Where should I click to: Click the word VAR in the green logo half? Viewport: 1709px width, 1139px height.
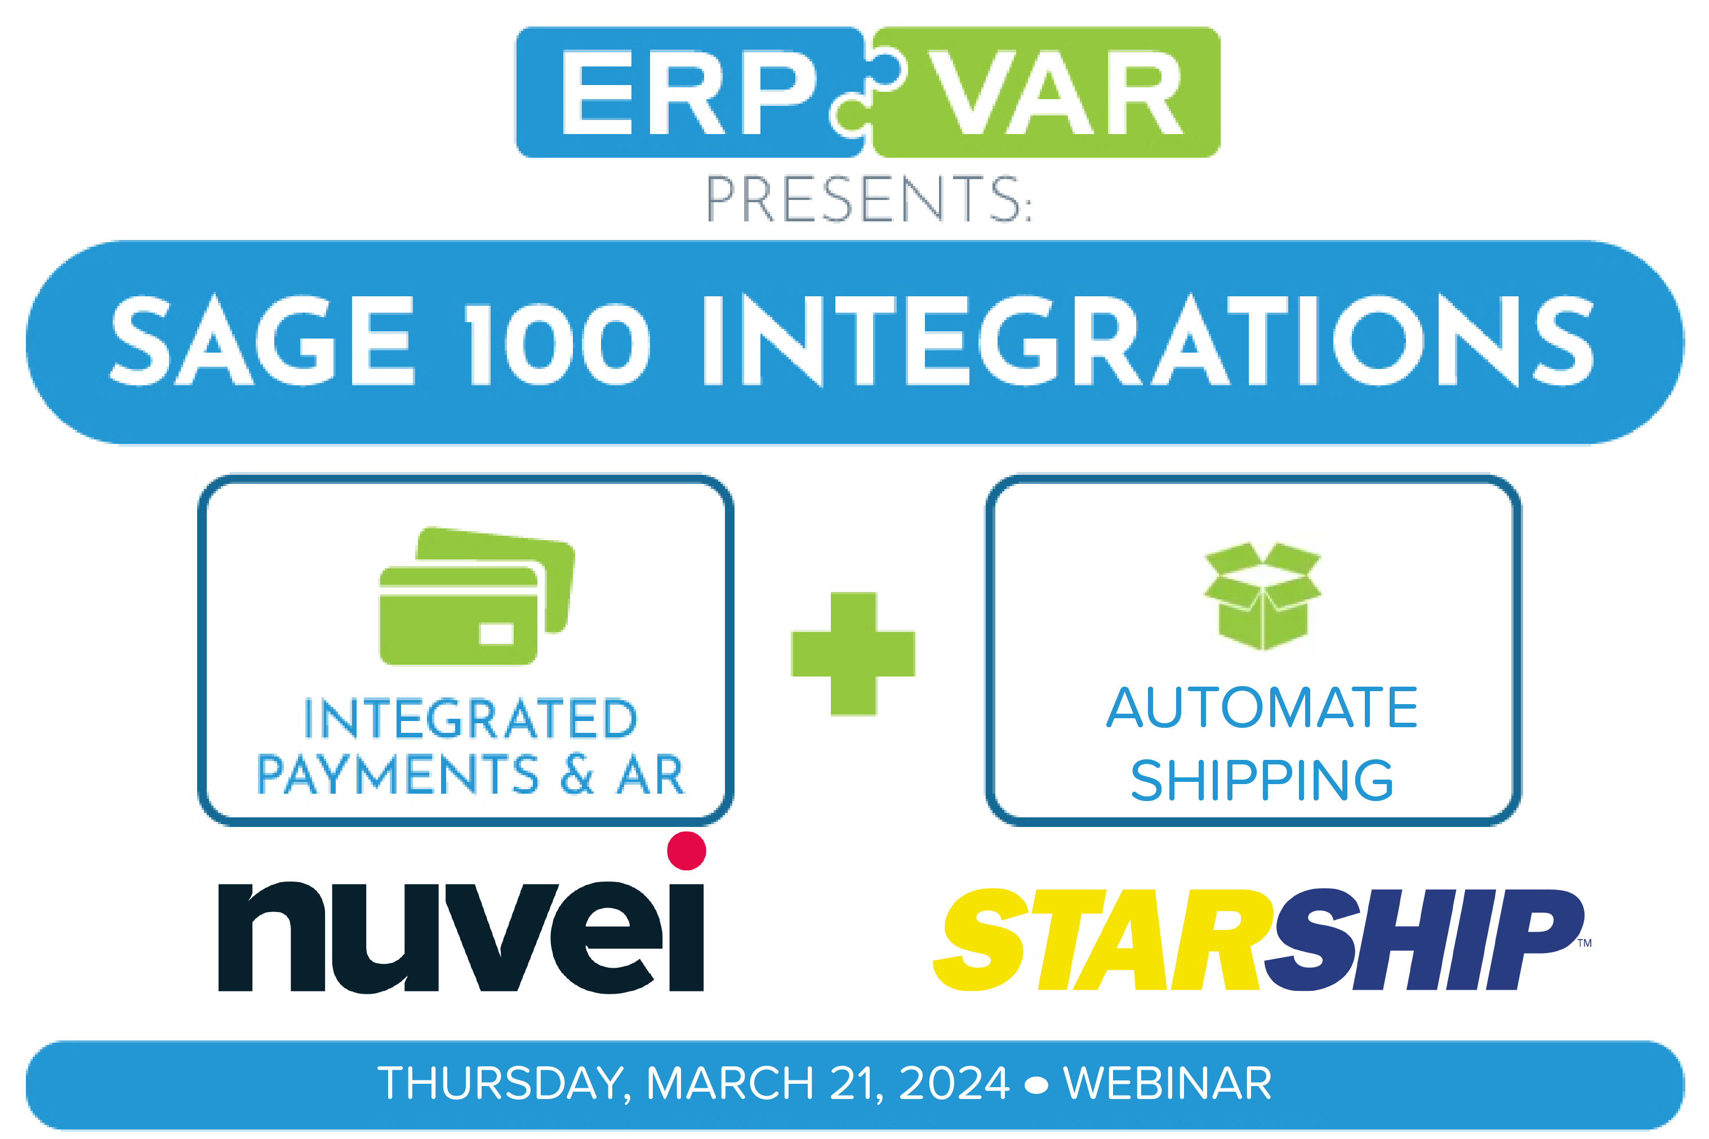pyautogui.click(x=1057, y=93)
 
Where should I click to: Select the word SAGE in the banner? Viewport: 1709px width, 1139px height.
pyautogui.click(x=262, y=341)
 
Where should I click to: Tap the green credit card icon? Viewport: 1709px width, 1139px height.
pyautogui.click(x=477, y=595)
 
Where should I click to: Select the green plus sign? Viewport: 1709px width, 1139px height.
pyautogui.click(x=853, y=654)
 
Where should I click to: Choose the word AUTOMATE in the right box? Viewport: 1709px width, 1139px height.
pyautogui.click(x=1262, y=708)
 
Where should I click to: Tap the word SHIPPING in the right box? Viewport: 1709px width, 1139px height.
pyautogui.click(x=1262, y=780)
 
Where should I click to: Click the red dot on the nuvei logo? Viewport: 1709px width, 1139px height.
pyautogui.click(x=686, y=851)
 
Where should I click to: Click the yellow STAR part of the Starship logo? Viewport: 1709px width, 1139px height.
pyautogui.click(x=1102, y=939)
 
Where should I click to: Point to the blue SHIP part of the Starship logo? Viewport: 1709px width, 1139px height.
pyautogui.click(x=1423, y=939)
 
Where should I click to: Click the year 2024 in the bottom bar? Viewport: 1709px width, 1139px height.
pyautogui.click(x=954, y=1083)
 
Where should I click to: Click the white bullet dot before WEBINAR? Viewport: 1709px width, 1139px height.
pyautogui.click(x=1036, y=1084)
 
